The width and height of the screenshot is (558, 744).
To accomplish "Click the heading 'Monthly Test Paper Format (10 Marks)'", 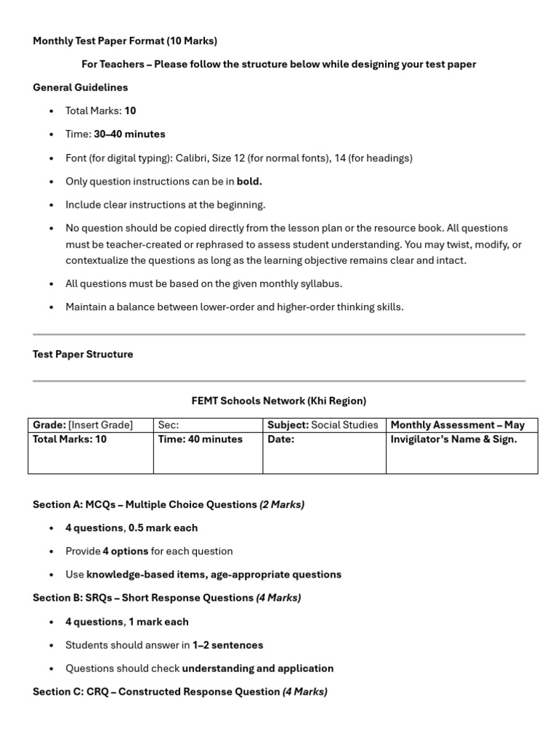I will [x=125, y=41].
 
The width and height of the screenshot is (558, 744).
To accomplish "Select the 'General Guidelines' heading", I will [x=80, y=87].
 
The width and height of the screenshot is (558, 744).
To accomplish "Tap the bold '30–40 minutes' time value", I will [x=129, y=134].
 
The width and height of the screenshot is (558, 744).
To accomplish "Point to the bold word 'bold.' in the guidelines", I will [x=249, y=181].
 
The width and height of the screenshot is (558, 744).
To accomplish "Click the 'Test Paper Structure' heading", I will [x=83, y=354].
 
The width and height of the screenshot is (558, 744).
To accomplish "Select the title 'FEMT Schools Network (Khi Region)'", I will [x=278, y=400].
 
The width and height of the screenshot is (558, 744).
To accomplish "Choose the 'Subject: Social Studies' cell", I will [x=323, y=425].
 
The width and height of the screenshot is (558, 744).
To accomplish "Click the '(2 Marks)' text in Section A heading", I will [x=282, y=504].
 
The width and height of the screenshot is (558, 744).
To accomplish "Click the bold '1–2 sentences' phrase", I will [x=227, y=644].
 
